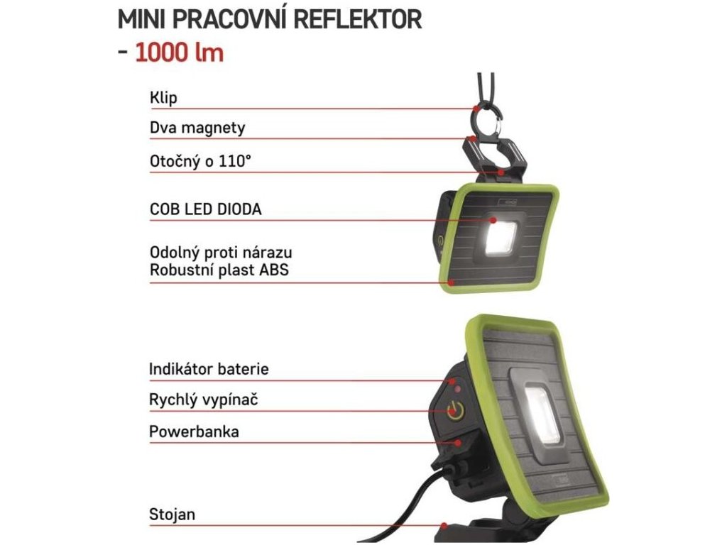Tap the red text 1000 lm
pyautogui.click(x=179, y=53)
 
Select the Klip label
pyautogui.click(x=163, y=97)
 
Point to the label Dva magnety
pyautogui.click(x=197, y=128)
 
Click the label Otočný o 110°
pyautogui.click(x=200, y=161)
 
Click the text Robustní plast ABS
pyautogui.click(x=219, y=270)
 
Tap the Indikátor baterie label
pyautogui.click(x=209, y=369)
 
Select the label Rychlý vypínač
pyautogui.click(x=203, y=400)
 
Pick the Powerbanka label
pyautogui.click(x=194, y=431)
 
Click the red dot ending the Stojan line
pyautogui.click(x=444, y=527)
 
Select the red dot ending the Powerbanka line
pyautogui.click(x=458, y=442)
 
